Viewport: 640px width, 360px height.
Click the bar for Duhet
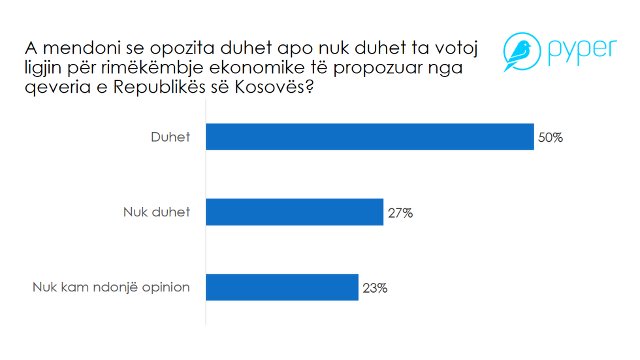click(370, 137)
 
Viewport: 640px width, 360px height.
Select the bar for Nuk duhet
click(294, 212)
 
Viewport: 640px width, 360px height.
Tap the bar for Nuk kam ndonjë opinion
click(281, 287)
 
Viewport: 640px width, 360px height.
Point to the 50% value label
click(550, 138)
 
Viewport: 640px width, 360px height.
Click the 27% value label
click(399, 213)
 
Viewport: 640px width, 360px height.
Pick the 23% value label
click(374, 287)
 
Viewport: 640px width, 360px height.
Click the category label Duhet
click(170, 138)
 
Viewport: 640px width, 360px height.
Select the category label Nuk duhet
click(157, 213)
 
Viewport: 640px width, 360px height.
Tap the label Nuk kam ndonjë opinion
click(111, 287)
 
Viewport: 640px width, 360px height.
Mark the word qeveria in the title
click(56, 90)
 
